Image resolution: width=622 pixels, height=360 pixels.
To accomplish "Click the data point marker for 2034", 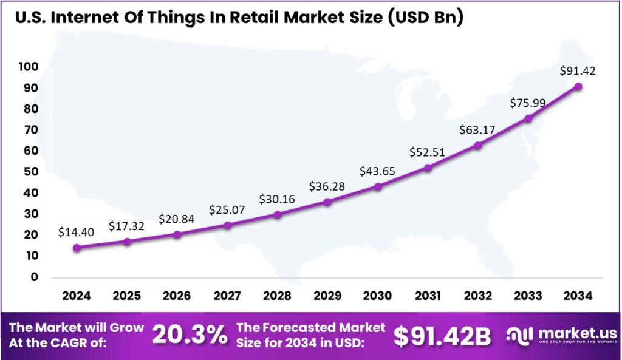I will [x=578, y=87].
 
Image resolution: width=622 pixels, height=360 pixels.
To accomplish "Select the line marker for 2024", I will [x=77, y=248].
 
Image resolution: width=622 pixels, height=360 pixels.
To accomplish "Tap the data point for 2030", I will [x=377, y=187].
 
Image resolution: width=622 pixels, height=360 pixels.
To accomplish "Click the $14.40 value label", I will [x=76, y=232].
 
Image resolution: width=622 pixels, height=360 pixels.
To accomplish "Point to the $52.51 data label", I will [x=428, y=152].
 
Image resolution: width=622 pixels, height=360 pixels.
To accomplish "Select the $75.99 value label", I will [x=528, y=103].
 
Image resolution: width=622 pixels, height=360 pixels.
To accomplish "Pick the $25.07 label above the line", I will [x=227, y=210].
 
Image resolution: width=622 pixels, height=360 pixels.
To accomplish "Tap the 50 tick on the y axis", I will [x=30, y=172].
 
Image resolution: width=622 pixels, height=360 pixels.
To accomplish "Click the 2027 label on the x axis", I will [x=227, y=296].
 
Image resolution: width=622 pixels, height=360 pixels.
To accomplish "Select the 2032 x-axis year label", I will [x=478, y=296].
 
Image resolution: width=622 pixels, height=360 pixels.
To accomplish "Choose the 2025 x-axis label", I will [x=126, y=296].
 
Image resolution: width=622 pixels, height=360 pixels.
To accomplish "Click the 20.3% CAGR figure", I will [x=190, y=335].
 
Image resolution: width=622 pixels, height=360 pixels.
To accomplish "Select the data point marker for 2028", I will [x=277, y=215].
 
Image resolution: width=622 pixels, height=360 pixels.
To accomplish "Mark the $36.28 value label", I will [x=327, y=186].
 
